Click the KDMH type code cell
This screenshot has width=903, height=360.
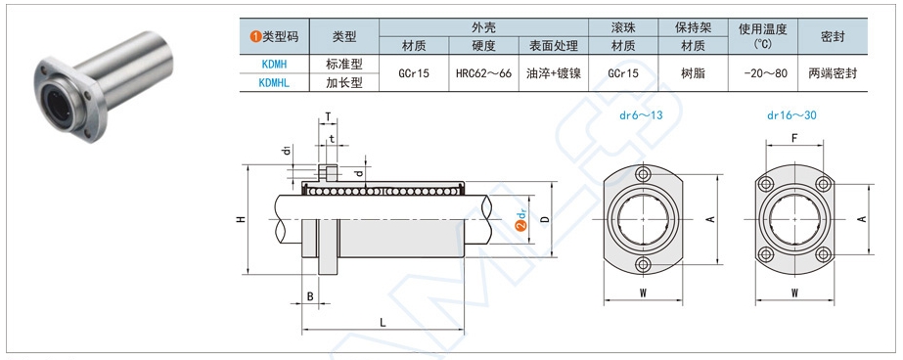click(x=274, y=65)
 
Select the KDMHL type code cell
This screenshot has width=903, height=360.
click(x=274, y=83)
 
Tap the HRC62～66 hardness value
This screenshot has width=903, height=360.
click(x=483, y=73)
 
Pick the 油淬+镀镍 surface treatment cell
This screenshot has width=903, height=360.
click(x=554, y=73)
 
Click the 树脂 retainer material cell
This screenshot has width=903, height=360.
click(x=693, y=73)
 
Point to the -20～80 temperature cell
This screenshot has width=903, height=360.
click(x=763, y=73)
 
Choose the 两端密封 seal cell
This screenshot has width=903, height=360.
click(x=833, y=73)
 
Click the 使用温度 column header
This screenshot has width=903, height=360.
click(x=763, y=28)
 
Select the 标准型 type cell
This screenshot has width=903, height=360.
click(x=344, y=64)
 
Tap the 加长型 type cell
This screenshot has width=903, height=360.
click(x=344, y=83)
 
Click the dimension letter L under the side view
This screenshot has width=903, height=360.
click(x=383, y=323)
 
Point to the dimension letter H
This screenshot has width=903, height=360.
click(x=242, y=219)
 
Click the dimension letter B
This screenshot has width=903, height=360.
click(x=310, y=296)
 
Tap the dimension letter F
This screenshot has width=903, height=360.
click(x=794, y=138)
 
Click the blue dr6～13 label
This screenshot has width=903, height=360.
click(x=641, y=115)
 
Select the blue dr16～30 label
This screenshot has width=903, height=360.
click(x=791, y=115)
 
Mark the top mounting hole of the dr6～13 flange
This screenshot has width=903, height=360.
click(x=643, y=174)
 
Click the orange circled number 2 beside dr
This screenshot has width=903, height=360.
click(x=521, y=227)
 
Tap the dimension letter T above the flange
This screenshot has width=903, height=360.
click(x=327, y=117)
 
